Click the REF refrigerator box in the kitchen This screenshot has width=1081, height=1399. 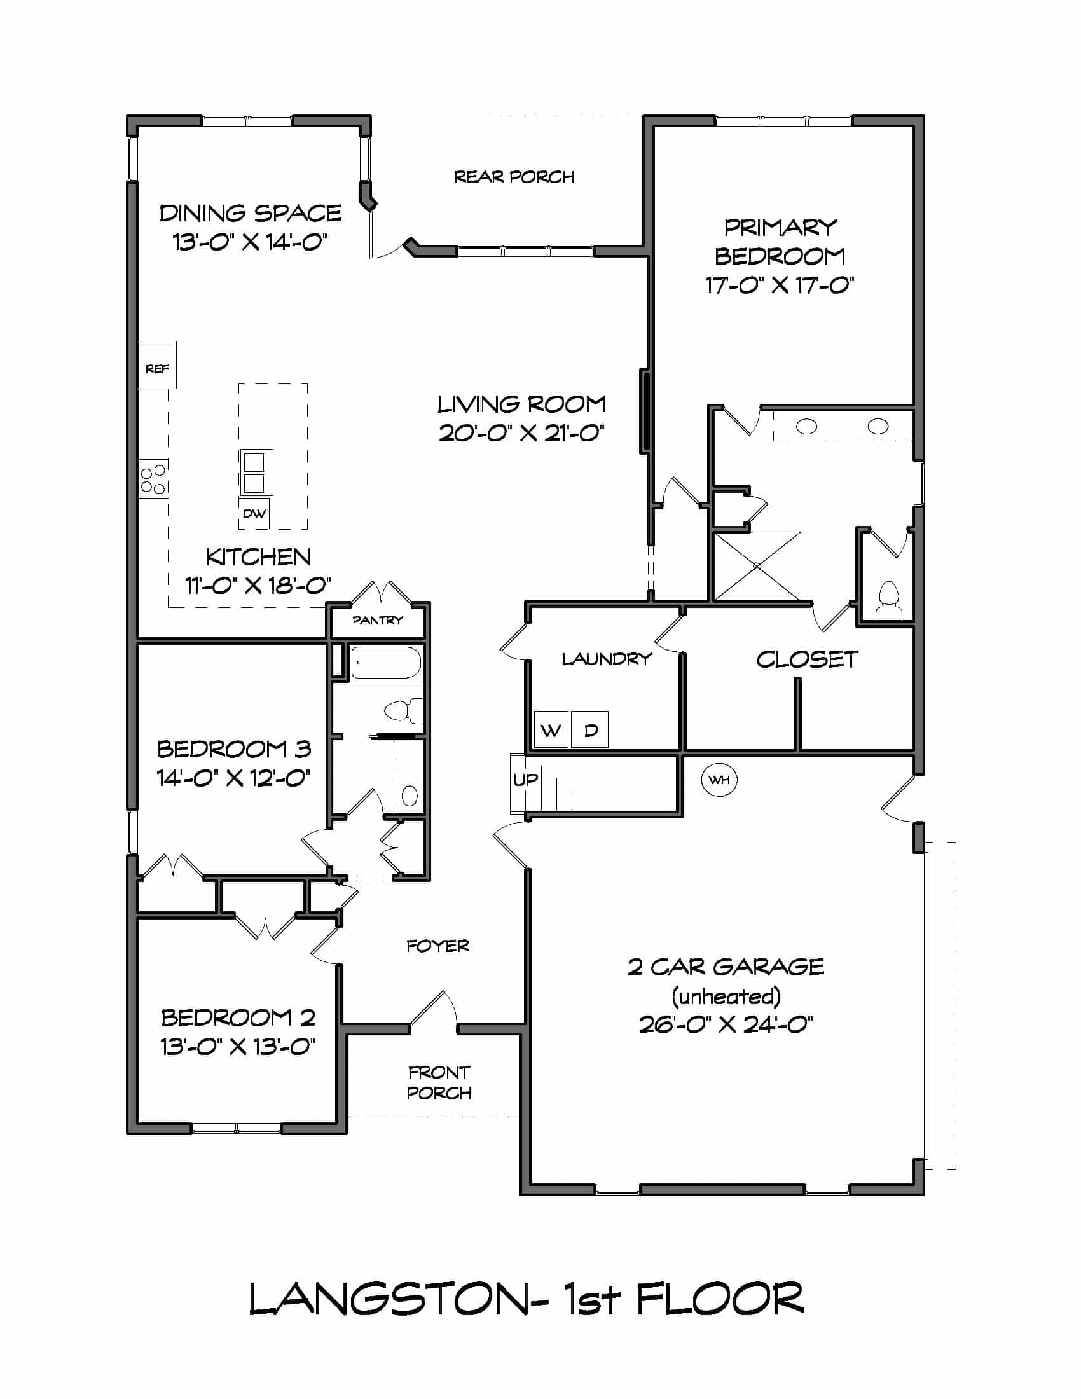[x=158, y=364]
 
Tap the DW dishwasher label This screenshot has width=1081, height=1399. [x=254, y=514]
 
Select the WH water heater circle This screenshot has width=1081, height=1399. [x=720, y=780]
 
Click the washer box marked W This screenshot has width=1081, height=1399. [x=551, y=729]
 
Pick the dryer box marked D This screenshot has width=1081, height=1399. [x=590, y=729]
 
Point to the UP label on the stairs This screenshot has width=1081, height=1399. [x=525, y=780]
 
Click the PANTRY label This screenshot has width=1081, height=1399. [x=377, y=620]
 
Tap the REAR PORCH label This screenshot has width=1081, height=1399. [x=514, y=177]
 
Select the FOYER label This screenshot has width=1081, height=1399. [x=437, y=946]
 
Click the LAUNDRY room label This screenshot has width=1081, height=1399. [x=607, y=659]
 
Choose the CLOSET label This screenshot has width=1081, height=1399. [x=807, y=659]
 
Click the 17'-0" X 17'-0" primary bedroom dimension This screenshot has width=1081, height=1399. [x=780, y=285]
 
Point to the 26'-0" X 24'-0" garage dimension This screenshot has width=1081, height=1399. [x=726, y=1024]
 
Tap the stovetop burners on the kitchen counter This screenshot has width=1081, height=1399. [x=154, y=478]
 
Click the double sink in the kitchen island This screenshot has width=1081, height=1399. [x=256, y=472]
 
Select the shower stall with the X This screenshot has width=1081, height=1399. [x=757, y=566]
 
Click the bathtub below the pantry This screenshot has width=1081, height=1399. [x=385, y=663]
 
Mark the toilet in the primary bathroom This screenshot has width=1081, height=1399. [x=888, y=601]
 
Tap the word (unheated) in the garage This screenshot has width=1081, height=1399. [x=726, y=996]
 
